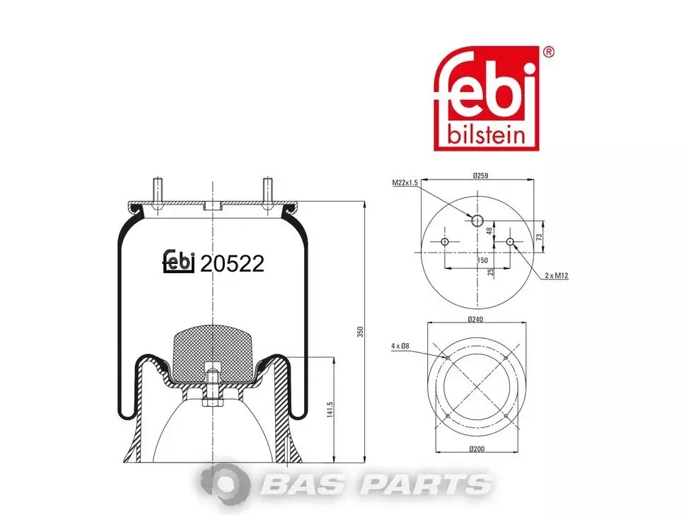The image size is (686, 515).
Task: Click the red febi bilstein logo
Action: (486, 98)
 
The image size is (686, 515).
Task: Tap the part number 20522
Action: (232, 264)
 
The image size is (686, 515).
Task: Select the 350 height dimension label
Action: (360, 332)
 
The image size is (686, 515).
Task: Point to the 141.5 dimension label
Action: (330, 410)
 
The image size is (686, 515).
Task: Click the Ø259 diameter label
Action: (480, 175)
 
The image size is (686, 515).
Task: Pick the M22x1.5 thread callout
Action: (405, 183)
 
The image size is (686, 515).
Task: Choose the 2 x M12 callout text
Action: (557, 276)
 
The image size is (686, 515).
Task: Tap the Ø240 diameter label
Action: (475, 320)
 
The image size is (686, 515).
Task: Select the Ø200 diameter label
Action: (477, 449)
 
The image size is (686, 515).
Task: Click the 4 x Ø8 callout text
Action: (400, 346)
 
